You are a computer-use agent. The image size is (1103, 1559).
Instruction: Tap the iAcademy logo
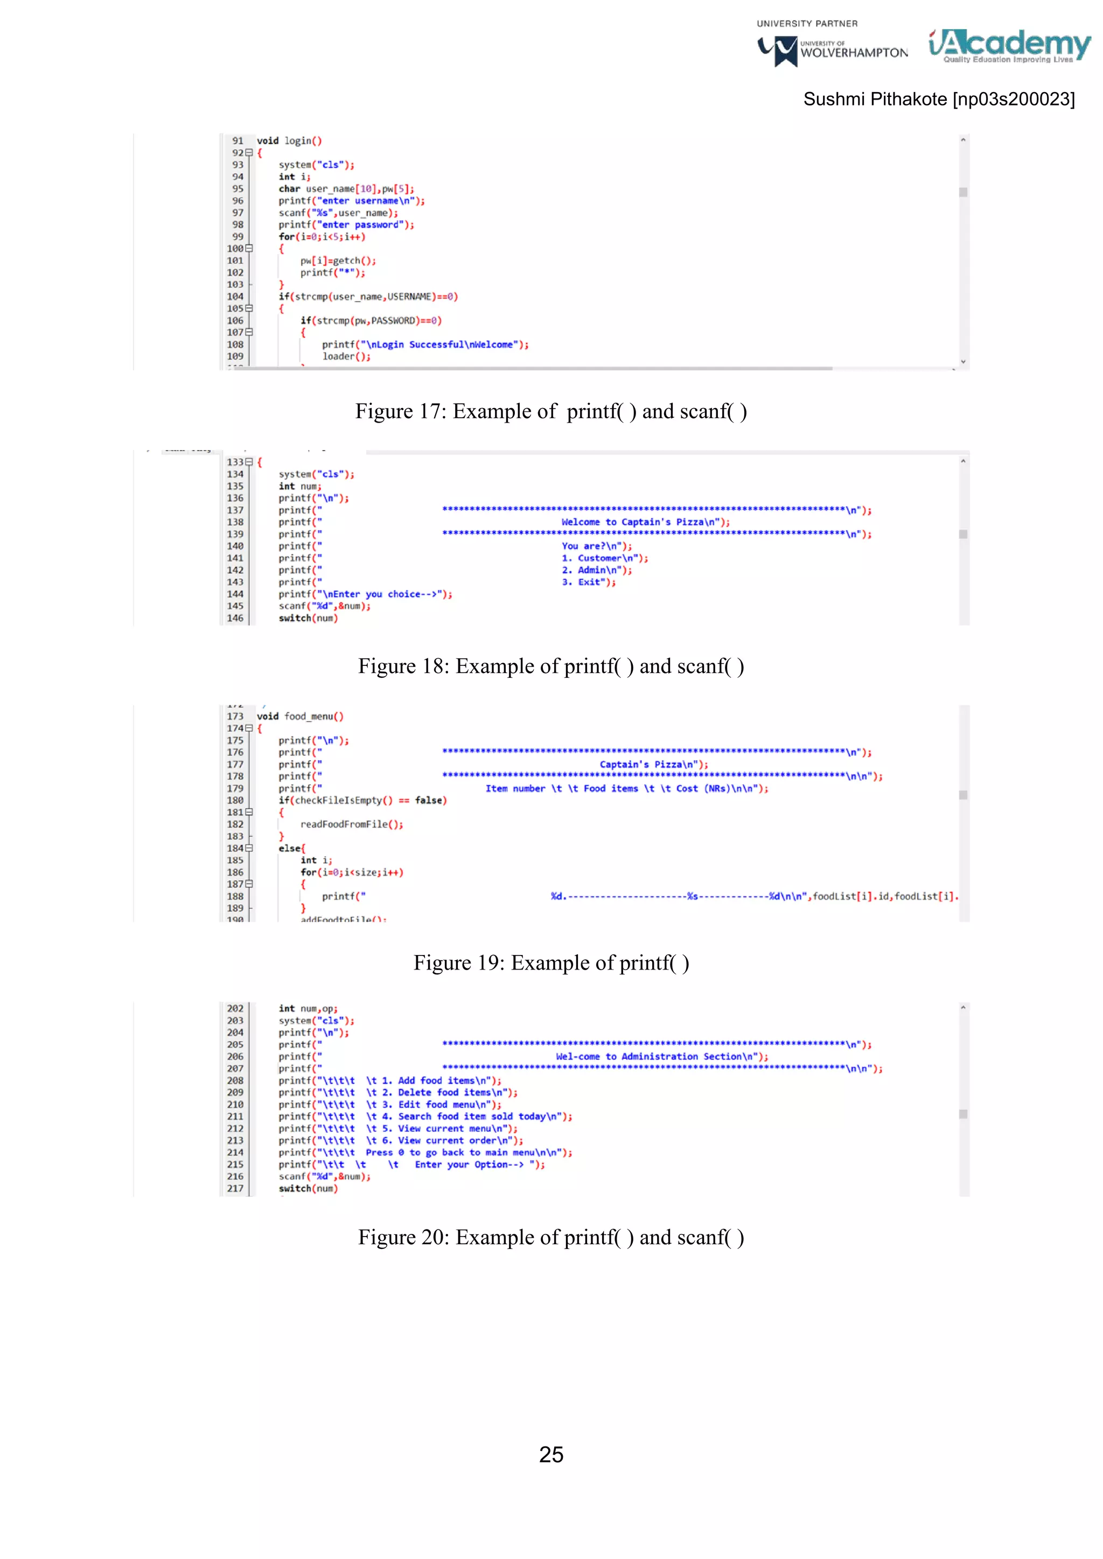point(1009,46)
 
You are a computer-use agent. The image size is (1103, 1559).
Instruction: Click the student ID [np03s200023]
point(1014,99)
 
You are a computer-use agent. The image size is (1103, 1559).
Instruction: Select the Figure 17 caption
point(551,411)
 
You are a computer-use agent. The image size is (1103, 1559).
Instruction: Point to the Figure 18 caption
point(551,666)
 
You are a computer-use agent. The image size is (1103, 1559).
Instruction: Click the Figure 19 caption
point(551,963)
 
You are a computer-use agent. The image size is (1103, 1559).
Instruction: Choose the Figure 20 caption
point(551,1237)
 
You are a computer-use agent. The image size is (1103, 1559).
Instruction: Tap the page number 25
point(551,1455)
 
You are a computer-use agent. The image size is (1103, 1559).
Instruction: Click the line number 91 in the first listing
point(238,141)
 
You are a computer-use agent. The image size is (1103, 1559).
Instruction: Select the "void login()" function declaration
point(289,141)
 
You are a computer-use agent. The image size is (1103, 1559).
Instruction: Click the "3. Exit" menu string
point(588,582)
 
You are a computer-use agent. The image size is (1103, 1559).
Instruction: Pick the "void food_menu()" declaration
point(299,717)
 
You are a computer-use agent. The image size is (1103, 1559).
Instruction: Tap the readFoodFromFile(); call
point(351,824)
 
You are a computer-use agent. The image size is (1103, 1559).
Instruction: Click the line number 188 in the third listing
point(235,896)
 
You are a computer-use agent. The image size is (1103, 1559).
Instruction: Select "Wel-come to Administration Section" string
point(659,1057)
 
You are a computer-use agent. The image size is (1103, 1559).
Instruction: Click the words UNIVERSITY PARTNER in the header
point(807,24)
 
